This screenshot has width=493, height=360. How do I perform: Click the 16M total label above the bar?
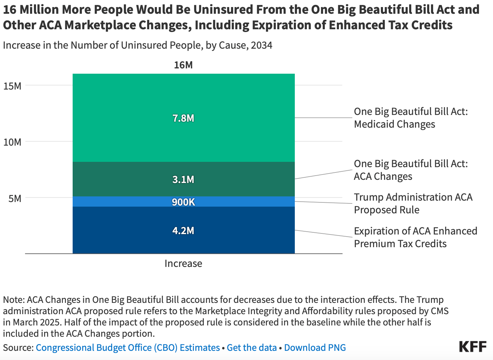(x=183, y=65)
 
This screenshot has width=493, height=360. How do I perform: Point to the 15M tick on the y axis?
(x=12, y=86)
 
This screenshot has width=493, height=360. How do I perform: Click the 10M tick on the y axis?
(x=12, y=142)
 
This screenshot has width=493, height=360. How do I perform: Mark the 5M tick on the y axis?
(x=15, y=199)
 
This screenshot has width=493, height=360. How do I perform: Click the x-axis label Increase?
(x=183, y=263)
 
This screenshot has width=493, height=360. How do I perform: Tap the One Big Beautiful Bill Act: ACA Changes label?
(x=410, y=170)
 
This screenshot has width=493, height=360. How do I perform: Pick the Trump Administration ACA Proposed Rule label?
(x=413, y=203)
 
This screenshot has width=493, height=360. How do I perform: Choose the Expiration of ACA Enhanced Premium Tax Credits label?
(x=415, y=237)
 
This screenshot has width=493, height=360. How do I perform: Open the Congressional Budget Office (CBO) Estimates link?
(x=128, y=348)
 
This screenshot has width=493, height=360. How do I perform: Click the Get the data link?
(x=251, y=348)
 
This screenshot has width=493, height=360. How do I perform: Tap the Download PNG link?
(x=315, y=348)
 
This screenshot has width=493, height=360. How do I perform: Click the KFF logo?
(x=473, y=347)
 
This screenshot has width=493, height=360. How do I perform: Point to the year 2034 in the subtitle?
(x=261, y=45)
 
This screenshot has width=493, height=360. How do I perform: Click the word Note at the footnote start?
(x=13, y=300)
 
